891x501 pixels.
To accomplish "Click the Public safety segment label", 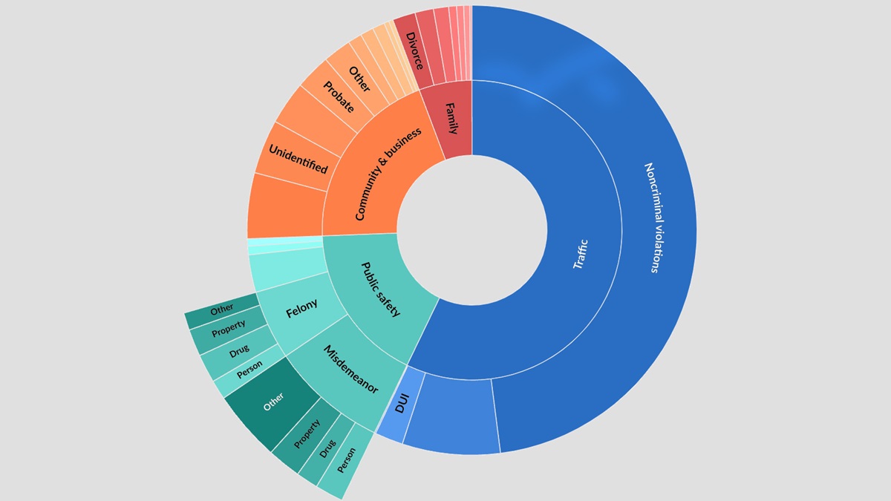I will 380,289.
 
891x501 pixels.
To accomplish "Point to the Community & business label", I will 388,174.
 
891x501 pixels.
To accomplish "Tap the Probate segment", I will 338,96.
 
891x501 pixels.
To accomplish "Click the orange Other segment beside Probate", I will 359,76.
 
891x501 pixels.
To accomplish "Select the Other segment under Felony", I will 221,310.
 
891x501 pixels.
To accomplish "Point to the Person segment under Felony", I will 249,373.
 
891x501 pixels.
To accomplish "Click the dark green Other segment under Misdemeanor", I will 272,402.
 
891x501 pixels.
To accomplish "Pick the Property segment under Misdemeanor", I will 306,433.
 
